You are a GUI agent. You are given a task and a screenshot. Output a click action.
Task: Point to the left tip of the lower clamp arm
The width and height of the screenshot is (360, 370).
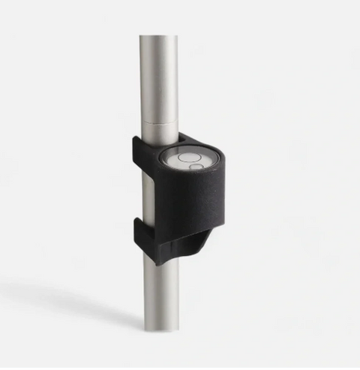137,224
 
